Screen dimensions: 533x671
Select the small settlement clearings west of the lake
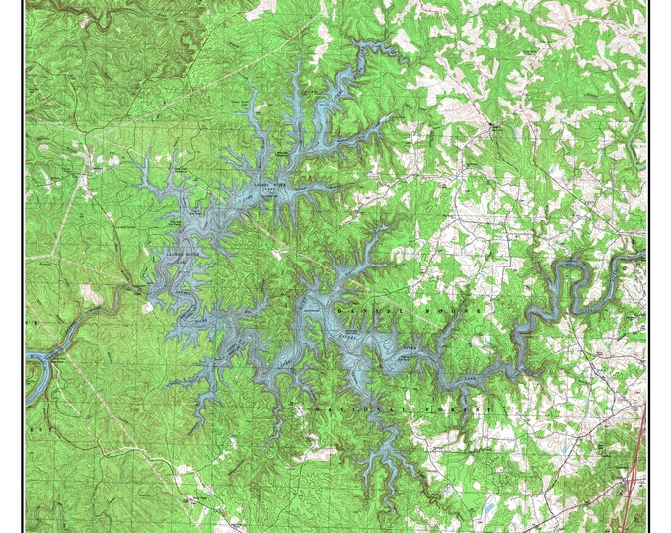click(x=94, y=158)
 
